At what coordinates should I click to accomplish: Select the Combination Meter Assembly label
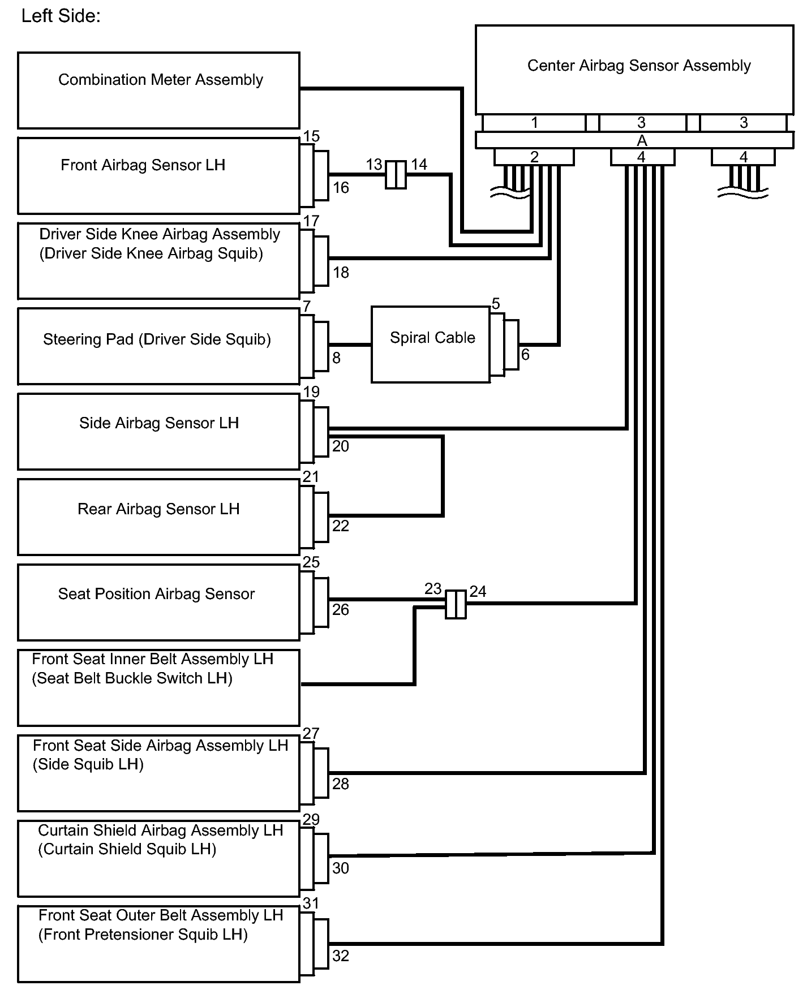[x=160, y=80]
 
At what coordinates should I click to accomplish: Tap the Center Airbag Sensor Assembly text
[x=638, y=66]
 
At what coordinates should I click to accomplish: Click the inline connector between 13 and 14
[x=396, y=174]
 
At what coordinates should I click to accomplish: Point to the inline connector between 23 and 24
[x=456, y=604]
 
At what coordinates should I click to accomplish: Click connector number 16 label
[x=341, y=188]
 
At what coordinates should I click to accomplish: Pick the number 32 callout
[x=341, y=956]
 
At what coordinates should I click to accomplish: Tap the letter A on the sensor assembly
[x=642, y=140]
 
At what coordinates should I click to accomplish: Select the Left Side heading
[x=61, y=16]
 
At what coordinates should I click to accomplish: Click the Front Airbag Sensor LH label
[x=143, y=165]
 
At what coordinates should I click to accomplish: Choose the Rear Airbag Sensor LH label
[x=158, y=509]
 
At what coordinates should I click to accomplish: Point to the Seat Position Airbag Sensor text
[x=156, y=594]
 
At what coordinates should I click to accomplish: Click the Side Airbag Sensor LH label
[x=158, y=423]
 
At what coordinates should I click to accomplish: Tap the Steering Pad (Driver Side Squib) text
[x=157, y=339]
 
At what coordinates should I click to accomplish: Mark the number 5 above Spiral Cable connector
[x=496, y=304]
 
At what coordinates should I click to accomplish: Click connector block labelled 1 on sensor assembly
[x=534, y=123]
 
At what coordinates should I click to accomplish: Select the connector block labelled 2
[x=534, y=157]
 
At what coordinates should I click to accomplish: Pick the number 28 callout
[x=341, y=784]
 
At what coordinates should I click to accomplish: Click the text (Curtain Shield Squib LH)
[x=127, y=849]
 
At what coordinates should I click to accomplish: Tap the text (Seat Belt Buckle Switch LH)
[x=132, y=678]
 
